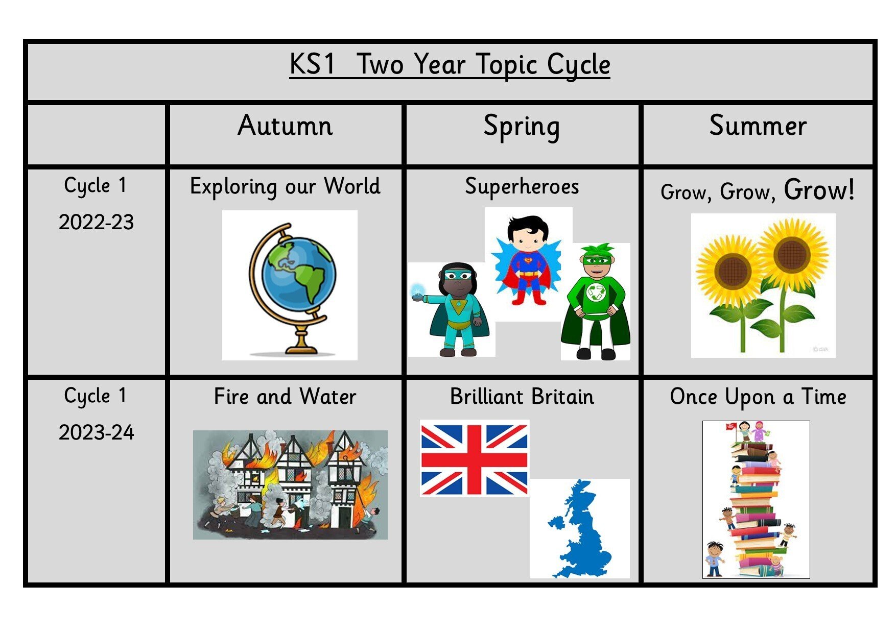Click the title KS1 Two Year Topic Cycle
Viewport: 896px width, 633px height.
click(450, 65)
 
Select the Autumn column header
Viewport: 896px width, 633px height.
click(285, 126)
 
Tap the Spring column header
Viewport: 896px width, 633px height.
click(522, 127)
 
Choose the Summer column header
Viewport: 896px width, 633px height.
click(758, 126)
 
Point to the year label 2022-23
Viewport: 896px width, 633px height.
click(96, 222)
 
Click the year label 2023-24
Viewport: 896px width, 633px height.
click(96, 432)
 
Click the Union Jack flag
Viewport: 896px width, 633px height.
click(475, 458)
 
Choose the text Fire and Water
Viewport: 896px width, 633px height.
click(285, 397)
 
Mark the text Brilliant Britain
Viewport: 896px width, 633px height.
click(522, 397)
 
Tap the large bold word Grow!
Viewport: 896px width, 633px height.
click(819, 190)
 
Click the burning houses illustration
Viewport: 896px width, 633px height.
click(290, 485)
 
